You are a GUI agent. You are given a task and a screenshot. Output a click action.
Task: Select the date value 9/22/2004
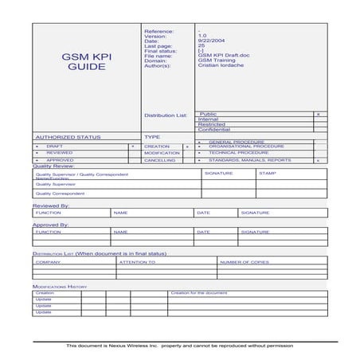209,41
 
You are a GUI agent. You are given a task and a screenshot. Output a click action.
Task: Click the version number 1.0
202,37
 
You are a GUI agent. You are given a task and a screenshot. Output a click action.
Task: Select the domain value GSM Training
216,61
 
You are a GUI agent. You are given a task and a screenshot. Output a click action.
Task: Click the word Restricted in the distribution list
212,124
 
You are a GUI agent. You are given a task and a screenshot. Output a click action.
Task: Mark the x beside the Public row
318,115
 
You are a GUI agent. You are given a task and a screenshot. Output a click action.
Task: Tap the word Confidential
214,130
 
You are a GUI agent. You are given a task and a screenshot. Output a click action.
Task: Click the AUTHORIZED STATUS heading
67,137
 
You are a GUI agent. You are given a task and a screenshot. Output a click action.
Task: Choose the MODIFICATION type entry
162,153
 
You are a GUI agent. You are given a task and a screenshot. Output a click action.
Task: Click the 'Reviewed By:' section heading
51,205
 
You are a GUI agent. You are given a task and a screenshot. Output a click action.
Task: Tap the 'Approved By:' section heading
51,225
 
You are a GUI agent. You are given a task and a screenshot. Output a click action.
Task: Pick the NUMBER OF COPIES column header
245,261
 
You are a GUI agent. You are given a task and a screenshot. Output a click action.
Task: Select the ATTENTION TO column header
137,261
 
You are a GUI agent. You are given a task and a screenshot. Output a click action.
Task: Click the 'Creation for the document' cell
199,292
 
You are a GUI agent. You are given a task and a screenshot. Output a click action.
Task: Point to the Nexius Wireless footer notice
180,346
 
